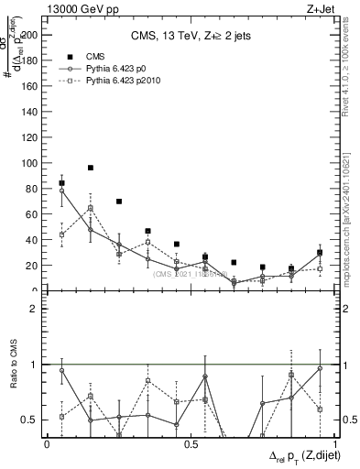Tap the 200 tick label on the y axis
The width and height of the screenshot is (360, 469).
(x=31, y=36)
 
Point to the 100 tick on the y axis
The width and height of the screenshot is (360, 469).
(x=31, y=163)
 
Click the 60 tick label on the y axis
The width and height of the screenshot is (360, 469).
(x=34, y=214)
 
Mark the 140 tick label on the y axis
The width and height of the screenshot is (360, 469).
(x=31, y=112)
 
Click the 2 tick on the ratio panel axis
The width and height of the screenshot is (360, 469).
(x=36, y=309)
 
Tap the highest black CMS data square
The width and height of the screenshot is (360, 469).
(x=91, y=168)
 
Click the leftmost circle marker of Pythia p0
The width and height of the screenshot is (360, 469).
(x=61, y=191)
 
